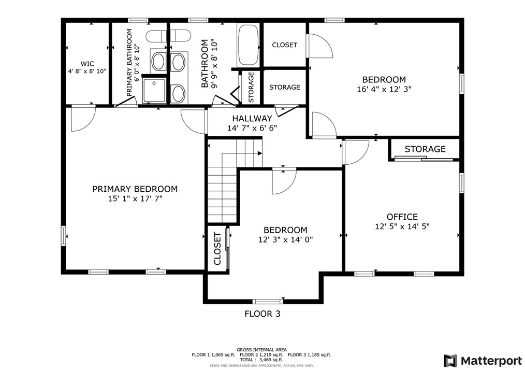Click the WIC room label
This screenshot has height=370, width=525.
pyautogui.click(x=87, y=64)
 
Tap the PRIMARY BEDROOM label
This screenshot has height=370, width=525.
pyautogui.click(x=135, y=189)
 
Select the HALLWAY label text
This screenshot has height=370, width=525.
pyautogui.click(x=252, y=118)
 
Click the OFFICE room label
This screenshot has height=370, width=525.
pyautogui.click(x=402, y=217)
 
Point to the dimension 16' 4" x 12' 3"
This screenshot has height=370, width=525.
pyautogui.click(x=384, y=89)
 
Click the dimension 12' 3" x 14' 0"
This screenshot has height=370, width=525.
pyautogui.click(x=286, y=239)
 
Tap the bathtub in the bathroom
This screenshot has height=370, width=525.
pyautogui.click(x=248, y=45)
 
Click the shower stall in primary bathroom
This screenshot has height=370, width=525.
pyautogui.click(x=154, y=90)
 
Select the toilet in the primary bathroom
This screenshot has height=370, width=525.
pyautogui.click(x=156, y=36)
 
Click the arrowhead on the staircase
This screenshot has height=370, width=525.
pyautogui.click(x=260, y=153)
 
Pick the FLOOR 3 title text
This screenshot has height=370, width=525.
pyautogui.click(x=262, y=314)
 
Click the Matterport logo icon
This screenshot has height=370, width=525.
pyautogui.click(x=450, y=361)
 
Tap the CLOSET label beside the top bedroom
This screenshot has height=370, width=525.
pyautogui.click(x=285, y=45)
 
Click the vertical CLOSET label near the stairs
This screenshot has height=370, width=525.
pyautogui.click(x=217, y=248)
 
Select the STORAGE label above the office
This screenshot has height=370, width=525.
pyautogui.click(x=425, y=149)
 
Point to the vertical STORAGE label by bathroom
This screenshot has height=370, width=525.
pyautogui.click(x=251, y=87)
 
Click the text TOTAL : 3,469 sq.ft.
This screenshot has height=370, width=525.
pyautogui.click(x=261, y=360)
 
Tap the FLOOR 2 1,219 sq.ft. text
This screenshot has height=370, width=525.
pyautogui.click(x=261, y=354)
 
